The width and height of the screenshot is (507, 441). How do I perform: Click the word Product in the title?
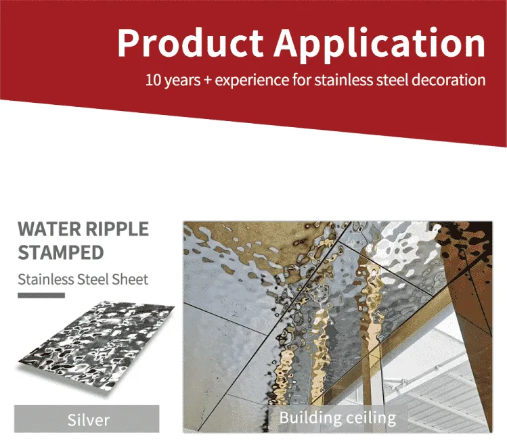coord(190,43)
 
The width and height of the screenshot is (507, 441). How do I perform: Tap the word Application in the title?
coord(380,45)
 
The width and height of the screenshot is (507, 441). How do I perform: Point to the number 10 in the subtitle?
coord(153,80)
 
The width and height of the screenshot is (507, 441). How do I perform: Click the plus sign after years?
coord(208,80)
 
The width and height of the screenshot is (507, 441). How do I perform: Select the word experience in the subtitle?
coord(252,80)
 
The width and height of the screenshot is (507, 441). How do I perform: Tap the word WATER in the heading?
coord(49,229)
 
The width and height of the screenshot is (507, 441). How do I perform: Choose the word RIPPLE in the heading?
coord(117,229)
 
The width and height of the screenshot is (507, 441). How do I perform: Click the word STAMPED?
coord(61,252)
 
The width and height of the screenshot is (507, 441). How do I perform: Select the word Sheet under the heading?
coord(130,279)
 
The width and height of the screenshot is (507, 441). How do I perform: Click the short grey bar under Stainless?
coord(41,296)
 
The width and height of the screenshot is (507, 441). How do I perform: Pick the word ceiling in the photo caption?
coord(367,418)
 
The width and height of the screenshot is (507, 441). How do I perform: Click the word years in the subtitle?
coord(182,80)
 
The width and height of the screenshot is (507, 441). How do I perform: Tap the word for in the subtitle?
coord(302,80)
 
